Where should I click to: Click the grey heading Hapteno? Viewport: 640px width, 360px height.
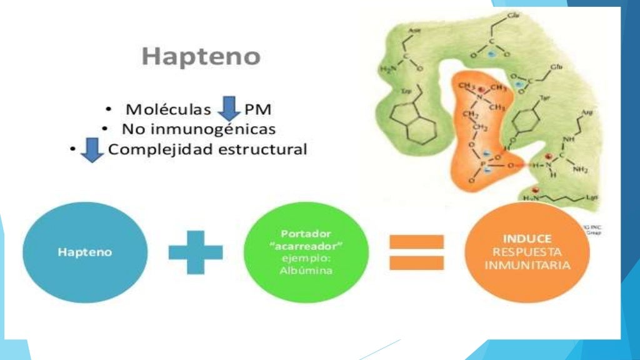(x=201, y=57)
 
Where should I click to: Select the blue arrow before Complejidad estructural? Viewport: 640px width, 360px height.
(x=93, y=151)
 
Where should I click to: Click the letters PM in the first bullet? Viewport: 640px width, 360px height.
(x=257, y=109)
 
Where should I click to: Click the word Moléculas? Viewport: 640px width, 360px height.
(x=168, y=109)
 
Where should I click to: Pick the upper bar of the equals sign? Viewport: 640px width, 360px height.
(x=417, y=242)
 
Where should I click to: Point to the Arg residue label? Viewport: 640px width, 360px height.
(x=586, y=113)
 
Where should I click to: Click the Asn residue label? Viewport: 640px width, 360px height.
(x=412, y=31)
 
